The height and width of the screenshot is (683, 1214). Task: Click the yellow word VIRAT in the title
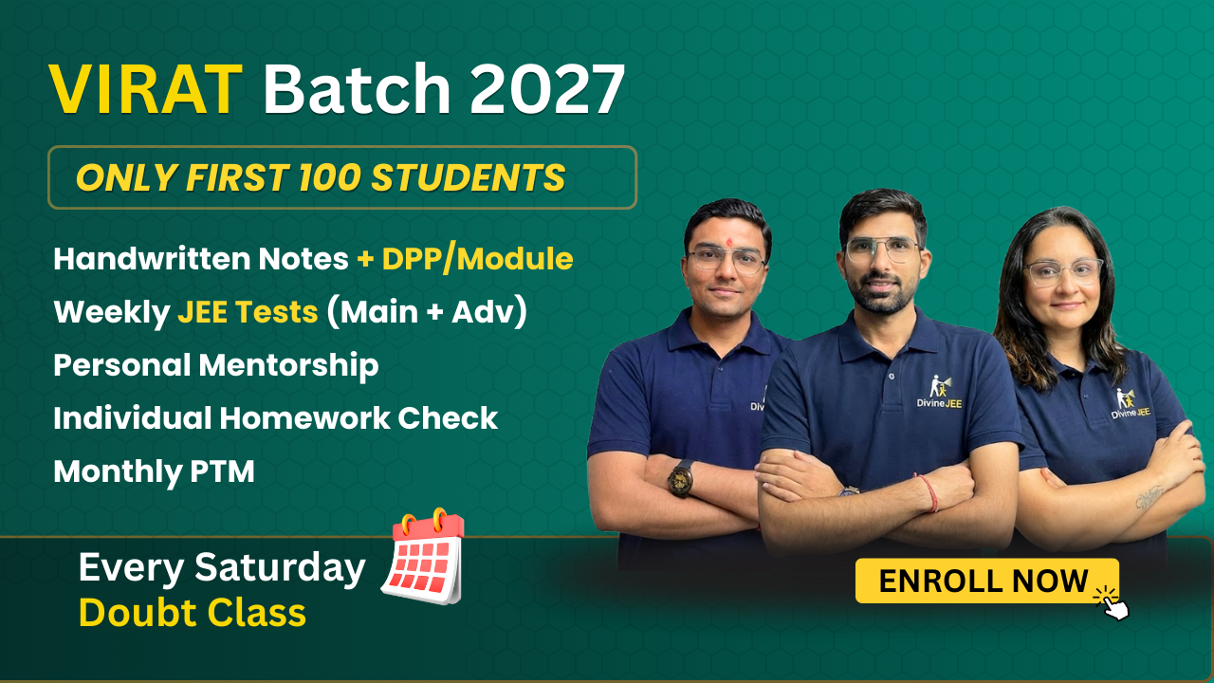(145, 89)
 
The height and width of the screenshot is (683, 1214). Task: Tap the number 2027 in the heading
(547, 89)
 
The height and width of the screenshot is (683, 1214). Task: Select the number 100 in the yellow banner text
(329, 177)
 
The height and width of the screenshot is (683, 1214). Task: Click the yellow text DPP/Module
(477, 259)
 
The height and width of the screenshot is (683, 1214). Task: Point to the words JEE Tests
(248, 312)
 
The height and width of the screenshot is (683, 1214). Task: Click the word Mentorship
(288, 365)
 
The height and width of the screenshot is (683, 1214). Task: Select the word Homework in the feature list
(304, 418)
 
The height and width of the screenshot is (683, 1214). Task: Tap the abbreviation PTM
(222, 471)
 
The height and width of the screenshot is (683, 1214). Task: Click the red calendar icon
(424, 557)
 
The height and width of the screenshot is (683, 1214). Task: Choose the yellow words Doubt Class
(193, 613)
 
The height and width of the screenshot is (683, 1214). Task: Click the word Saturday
(280, 568)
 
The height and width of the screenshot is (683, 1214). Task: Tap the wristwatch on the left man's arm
(681, 477)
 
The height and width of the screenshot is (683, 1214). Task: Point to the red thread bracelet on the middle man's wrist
(930, 493)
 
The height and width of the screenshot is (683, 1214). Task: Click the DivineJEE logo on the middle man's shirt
(939, 392)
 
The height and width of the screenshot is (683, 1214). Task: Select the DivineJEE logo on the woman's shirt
(1131, 404)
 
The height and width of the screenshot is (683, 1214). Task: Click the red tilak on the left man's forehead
(729, 242)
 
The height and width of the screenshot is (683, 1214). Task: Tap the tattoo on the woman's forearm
(1149, 497)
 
